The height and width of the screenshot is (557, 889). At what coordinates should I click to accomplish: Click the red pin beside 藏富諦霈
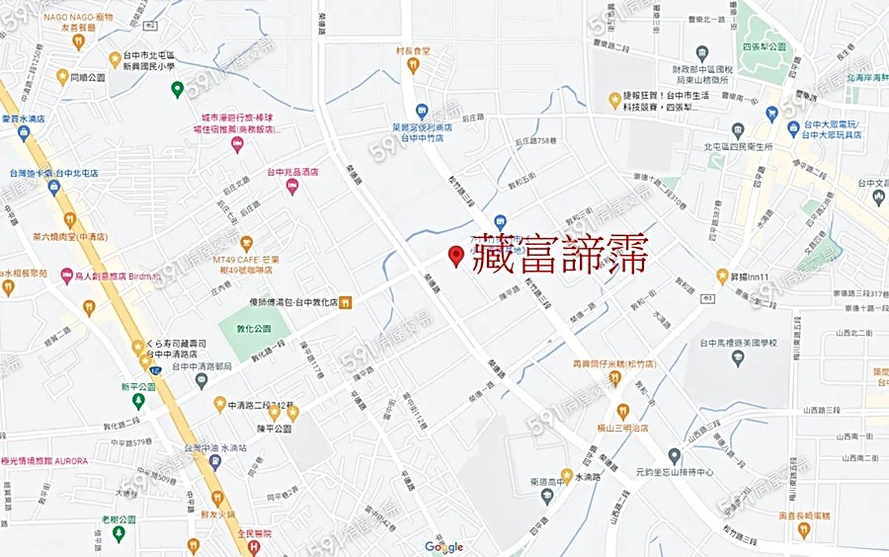(455, 256)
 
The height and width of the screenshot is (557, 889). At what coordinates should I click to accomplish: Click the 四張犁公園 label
(764, 46)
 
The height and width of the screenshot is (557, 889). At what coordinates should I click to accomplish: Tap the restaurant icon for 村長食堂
(413, 65)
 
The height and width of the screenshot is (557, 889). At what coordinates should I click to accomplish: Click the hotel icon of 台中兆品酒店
(292, 187)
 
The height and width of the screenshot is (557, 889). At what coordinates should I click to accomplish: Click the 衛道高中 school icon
(546, 494)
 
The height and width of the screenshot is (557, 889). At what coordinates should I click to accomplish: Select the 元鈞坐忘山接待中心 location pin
(675, 455)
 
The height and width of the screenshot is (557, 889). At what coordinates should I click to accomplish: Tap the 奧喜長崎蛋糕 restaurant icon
(804, 529)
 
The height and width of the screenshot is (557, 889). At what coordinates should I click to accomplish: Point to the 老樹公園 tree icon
(119, 533)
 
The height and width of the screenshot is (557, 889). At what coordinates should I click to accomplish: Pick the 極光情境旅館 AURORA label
(45, 461)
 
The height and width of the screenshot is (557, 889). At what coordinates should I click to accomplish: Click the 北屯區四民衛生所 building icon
(738, 130)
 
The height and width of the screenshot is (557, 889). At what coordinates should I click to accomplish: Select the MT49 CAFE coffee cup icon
(246, 243)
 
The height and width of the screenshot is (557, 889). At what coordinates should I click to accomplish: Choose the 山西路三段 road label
(821, 409)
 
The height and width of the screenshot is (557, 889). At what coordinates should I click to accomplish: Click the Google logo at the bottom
(444, 546)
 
